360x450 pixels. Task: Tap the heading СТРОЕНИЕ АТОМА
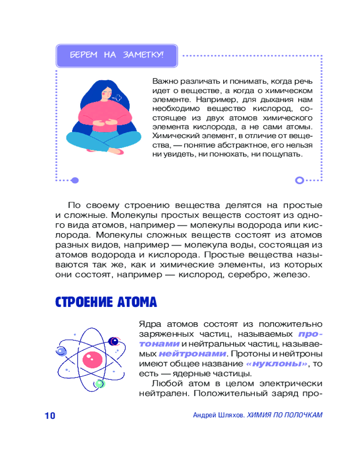tap(106, 302)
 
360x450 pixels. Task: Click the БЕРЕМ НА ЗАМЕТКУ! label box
tap(117, 56)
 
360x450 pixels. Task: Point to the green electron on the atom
tap(99, 384)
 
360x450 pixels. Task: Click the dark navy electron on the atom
tap(114, 342)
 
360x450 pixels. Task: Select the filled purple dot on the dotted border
tap(75, 180)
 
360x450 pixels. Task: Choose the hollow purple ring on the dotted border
tap(299, 180)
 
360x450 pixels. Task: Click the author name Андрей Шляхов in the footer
tap(218, 415)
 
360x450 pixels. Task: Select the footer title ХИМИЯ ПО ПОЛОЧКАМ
tap(285, 415)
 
